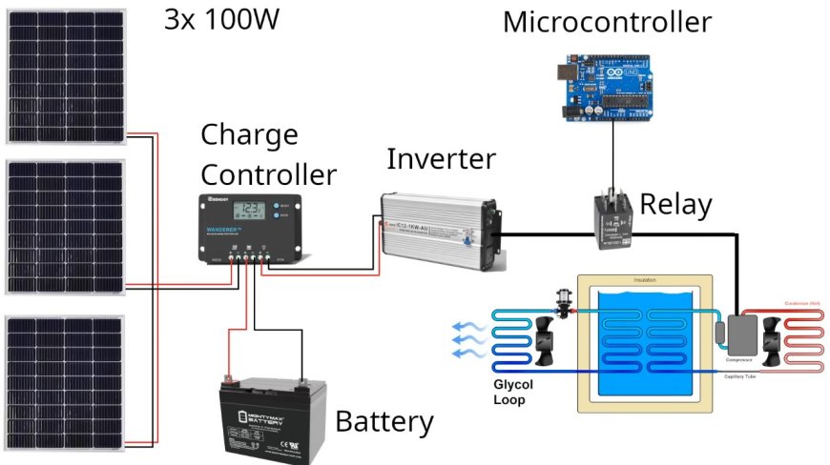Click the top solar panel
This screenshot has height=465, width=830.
tap(65, 75)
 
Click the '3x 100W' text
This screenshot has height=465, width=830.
tap(221, 20)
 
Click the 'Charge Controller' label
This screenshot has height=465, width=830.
tap(267, 154)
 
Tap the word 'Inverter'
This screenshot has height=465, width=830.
tap(441, 159)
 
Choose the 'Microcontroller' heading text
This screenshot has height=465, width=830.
tap(607, 21)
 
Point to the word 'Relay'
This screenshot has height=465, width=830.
tap(675, 204)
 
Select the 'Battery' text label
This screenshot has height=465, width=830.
tap(384, 421)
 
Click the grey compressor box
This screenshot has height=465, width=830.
tap(740, 334)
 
